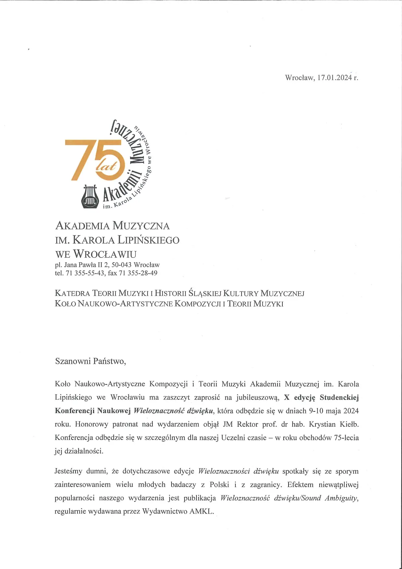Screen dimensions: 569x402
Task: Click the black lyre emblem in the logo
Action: pyautogui.click(x=90, y=196)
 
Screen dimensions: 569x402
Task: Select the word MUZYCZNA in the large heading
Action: pyautogui.click(x=141, y=226)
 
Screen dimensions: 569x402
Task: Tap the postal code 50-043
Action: pyautogui.click(x=121, y=265)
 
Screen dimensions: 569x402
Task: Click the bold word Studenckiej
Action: pyautogui.click(x=339, y=397)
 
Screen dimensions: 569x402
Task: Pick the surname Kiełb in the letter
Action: pyautogui.click(x=349, y=424)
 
